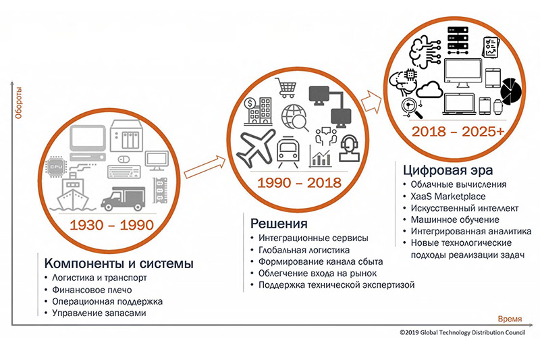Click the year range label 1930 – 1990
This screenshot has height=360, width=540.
point(111,225)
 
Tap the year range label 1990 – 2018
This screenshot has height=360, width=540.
point(299,182)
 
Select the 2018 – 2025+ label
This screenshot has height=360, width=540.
point(458,131)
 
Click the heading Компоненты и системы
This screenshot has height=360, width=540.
point(119,263)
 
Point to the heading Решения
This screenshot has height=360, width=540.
point(279,224)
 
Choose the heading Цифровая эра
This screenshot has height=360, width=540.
point(448,170)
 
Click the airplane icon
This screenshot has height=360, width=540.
point(256,148)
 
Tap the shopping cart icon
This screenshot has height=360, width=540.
point(286,88)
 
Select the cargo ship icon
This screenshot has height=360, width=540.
point(73,192)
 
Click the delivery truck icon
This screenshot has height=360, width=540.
point(123,199)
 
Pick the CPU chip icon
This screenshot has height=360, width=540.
point(56,167)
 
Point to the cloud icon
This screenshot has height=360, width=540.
point(429,90)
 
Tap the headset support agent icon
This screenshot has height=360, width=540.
point(349,149)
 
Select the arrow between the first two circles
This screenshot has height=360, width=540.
point(205,167)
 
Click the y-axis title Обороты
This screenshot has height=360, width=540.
point(18,103)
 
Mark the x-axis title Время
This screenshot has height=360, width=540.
point(510,319)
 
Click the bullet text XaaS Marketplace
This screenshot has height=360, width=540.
point(448,197)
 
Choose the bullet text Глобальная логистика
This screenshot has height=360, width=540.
point(304,250)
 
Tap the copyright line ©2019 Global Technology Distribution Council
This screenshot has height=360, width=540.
point(462,332)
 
